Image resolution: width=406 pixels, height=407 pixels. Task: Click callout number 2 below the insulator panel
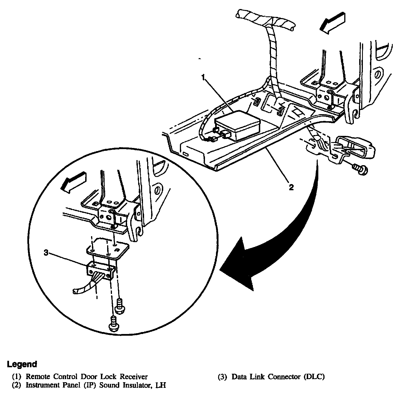291,187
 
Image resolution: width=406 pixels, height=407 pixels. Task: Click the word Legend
22,364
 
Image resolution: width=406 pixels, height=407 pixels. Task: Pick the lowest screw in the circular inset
113,323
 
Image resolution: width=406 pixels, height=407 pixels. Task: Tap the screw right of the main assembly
360,169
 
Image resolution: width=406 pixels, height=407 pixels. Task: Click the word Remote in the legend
36,377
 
